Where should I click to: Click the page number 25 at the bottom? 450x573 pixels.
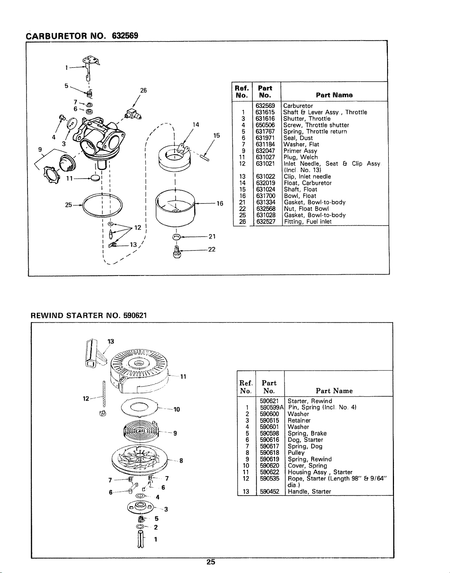pos(211,562)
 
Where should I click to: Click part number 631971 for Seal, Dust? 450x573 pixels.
pos(265,138)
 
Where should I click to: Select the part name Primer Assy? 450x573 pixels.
pos(300,151)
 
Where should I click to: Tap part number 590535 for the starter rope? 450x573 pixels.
pos(269,478)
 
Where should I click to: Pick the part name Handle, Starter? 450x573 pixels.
pos(309,491)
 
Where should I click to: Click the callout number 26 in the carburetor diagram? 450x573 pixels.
pos(143,90)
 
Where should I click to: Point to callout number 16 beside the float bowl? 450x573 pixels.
pos(220,203)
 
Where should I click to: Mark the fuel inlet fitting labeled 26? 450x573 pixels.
pos(133,115)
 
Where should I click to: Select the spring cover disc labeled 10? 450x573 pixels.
pos(139,408)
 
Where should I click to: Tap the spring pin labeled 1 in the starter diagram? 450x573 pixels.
pos(141,541)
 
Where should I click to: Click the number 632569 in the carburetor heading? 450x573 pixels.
pos(125,35)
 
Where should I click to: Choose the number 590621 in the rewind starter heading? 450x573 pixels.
pos(135,315)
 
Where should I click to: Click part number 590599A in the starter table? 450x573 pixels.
pos(271,407)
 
